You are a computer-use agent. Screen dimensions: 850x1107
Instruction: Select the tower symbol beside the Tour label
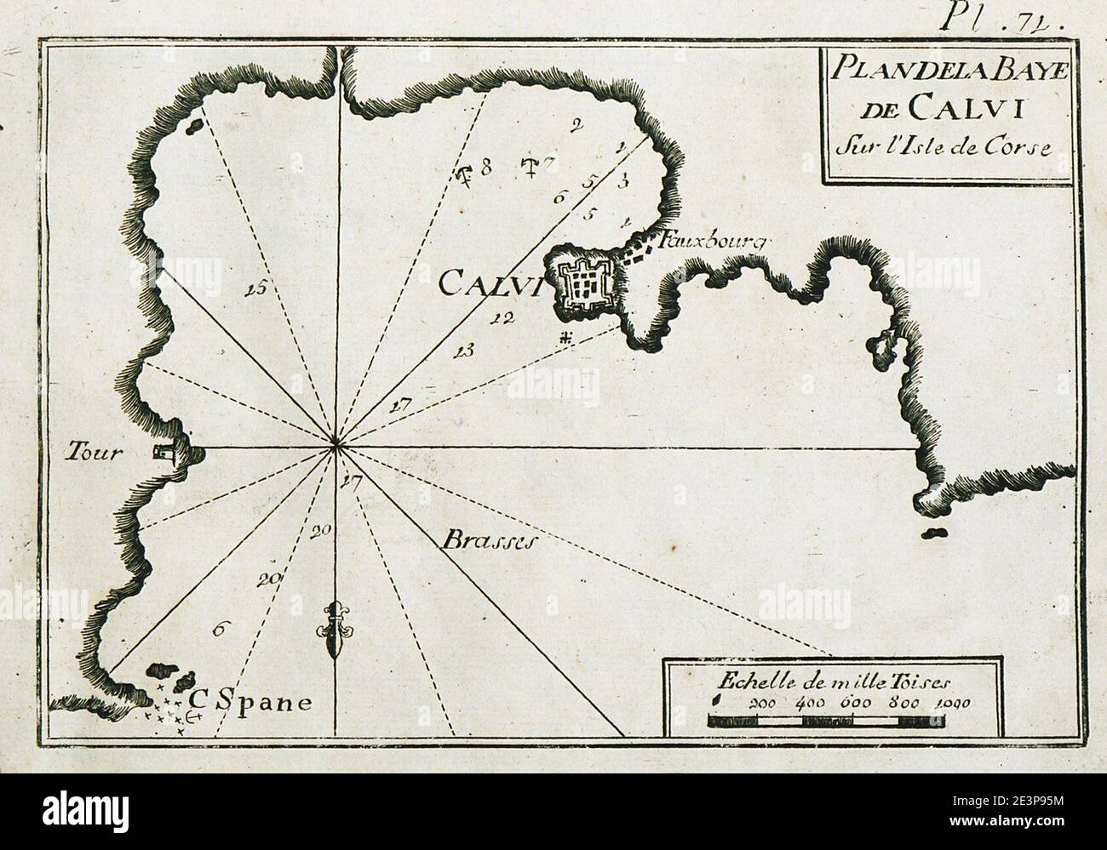click(x=163, y=455)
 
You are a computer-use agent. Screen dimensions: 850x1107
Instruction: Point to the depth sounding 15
click(x=253, y=290)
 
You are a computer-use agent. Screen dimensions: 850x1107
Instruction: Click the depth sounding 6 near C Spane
click(x=219, y=630)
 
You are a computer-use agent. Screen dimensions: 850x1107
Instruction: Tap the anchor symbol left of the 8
click(x=465, y=175)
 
